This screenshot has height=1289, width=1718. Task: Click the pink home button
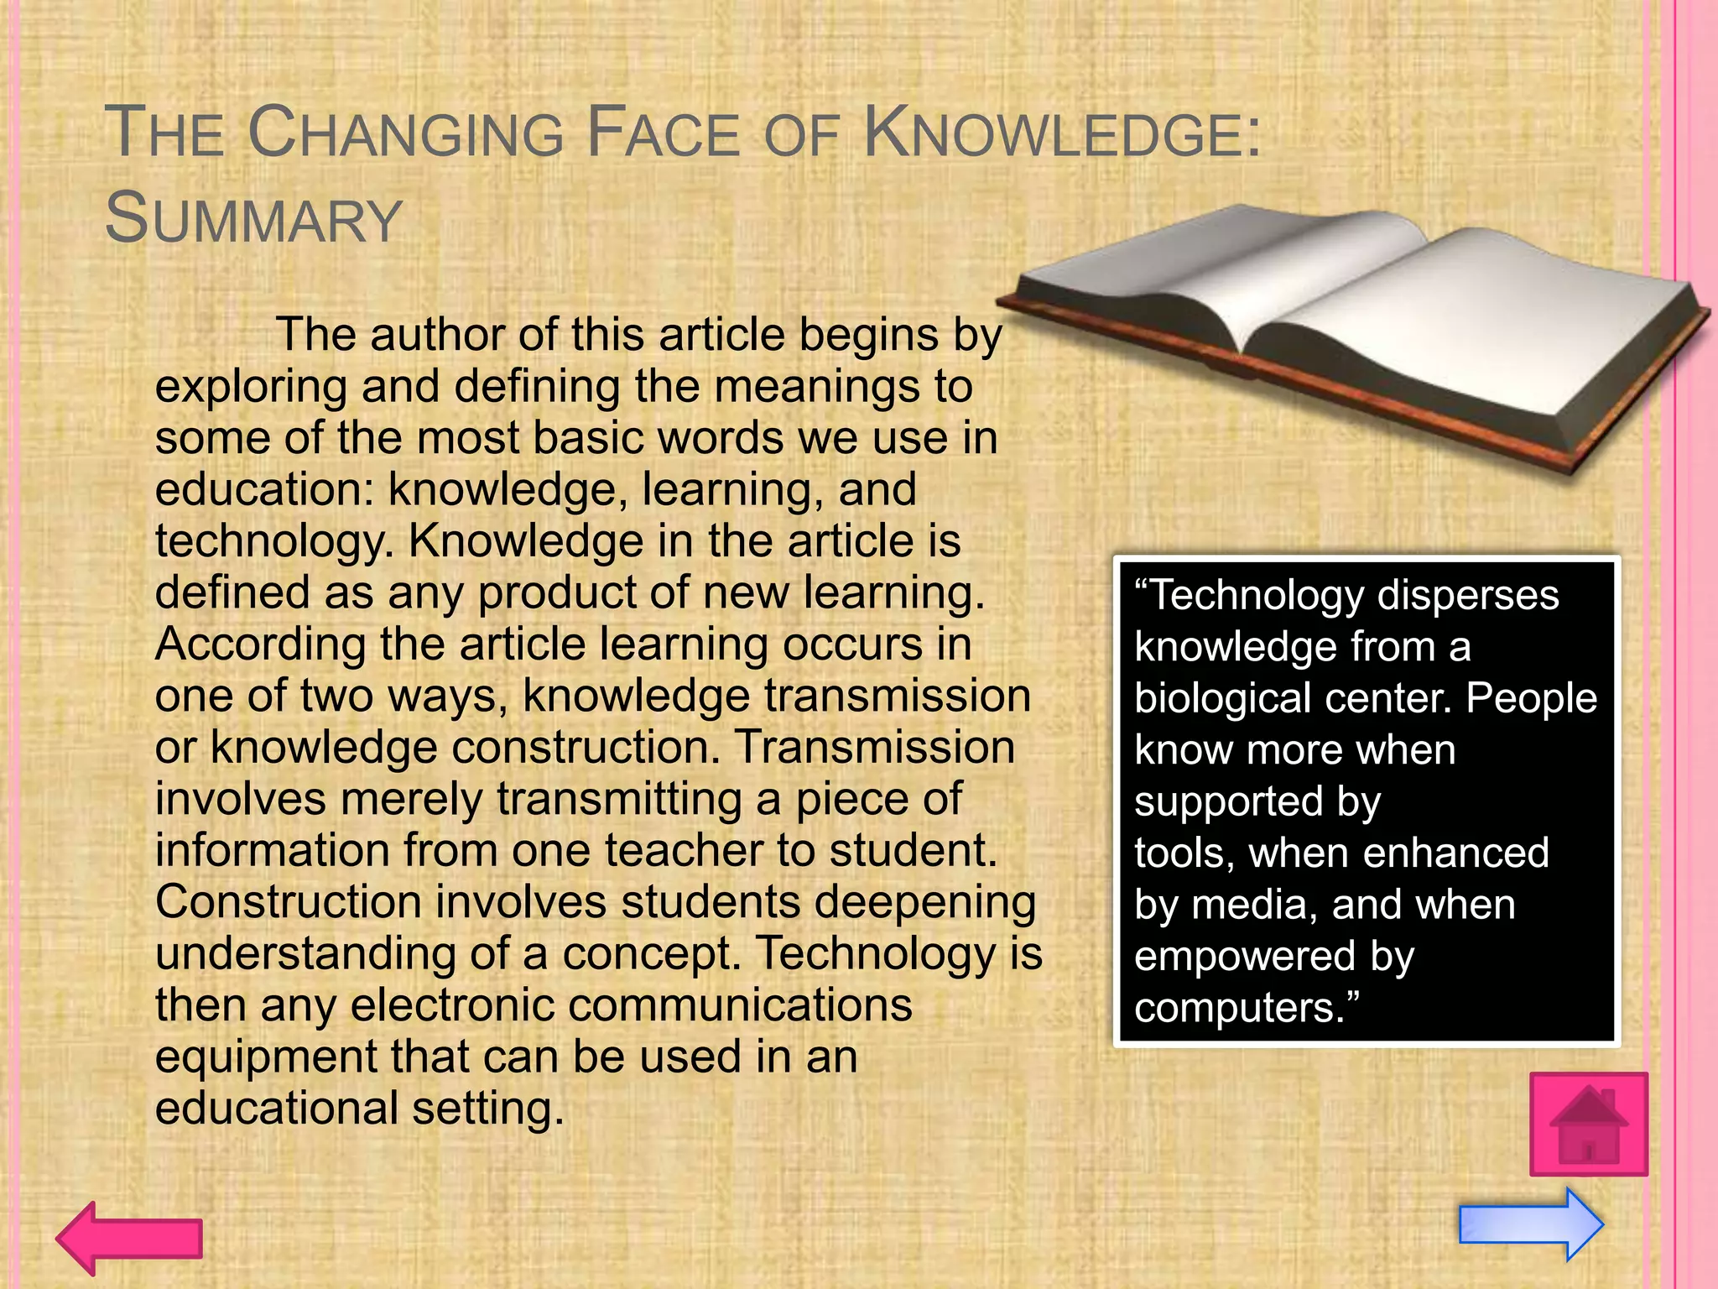1588,1125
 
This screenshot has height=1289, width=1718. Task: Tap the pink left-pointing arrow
129,1238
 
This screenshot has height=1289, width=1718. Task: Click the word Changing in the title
406,134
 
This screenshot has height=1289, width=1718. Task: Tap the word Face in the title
663,134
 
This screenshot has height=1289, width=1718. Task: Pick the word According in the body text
260,644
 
